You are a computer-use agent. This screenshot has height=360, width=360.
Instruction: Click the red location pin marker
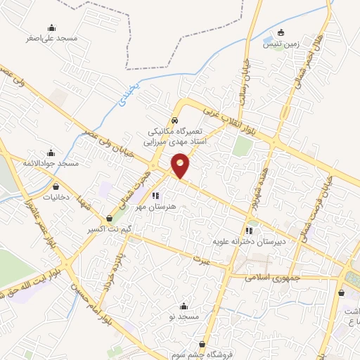(181, 165)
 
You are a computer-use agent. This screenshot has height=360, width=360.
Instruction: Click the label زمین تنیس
(281, 44)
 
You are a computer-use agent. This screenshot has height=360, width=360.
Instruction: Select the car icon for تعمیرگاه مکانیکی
(174, 120)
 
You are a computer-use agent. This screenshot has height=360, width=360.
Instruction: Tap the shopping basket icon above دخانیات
(56, 187)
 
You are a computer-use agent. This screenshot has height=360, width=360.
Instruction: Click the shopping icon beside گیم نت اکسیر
(109, 219)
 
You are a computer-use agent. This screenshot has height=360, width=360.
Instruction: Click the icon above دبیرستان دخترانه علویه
(248, 230)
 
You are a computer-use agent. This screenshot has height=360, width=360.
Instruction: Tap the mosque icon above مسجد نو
(184, 306)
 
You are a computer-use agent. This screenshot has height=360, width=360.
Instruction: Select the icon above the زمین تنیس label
(281, 32)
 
